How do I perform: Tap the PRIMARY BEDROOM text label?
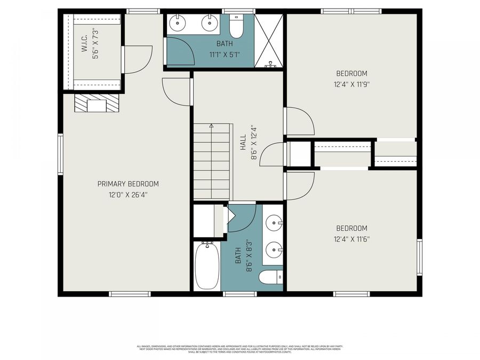128,184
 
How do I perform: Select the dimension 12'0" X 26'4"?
128,195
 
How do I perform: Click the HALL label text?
243,142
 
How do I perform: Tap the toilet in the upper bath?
236,26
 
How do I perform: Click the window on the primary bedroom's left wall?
60,154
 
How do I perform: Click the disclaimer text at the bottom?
239,349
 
